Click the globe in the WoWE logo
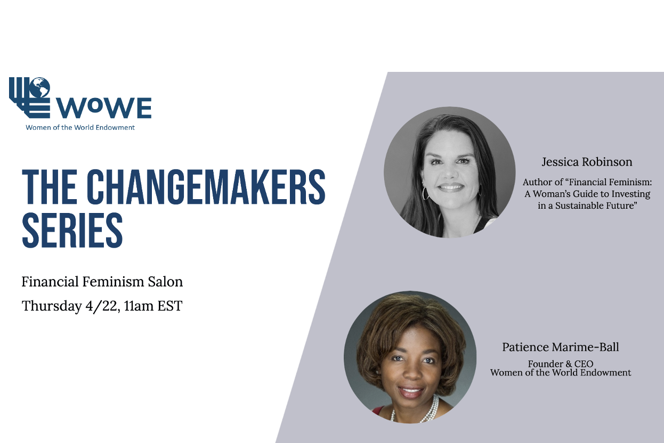click(x=40, y=87)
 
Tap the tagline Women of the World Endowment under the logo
click(x=80, y=127)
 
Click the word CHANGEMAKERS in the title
click(x=206, y=187)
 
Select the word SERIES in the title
click(x=72, y=230)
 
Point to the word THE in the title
click(x=50, y=187)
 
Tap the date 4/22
click(x=102, y=306)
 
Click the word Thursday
click(x=51, y=306)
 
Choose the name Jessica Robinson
click(x=587, y=162)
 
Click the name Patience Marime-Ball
click(x=561, y=347)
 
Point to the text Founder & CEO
click(x=561, y=364)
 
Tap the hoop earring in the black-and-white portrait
click(x=426, y=193)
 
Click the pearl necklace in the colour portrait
click(x=427, y=410)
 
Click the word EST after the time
click(x=170, y=306)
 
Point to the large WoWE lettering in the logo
click(x=104, y=108)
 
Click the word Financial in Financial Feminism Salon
click(x=50, y=281)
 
